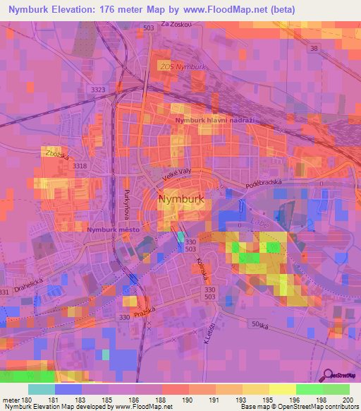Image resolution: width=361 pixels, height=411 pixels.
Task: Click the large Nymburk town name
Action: (x=181, y=199)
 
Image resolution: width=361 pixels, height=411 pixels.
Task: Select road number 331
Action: (x=6, y=292)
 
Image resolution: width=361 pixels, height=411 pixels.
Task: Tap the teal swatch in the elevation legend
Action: (x=42, y=389)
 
